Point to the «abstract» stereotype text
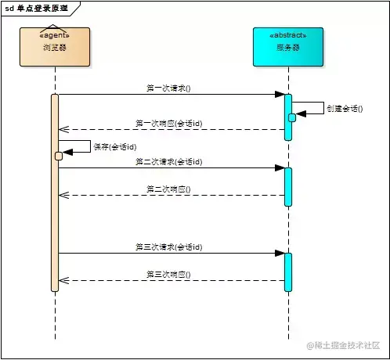pyautogui.click(x=287, y=35)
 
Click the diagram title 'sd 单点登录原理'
pyautogui.click(x=37, y=7)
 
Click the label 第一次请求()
pyautogui.click(x=168, y=88)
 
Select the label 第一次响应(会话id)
pyautogui.click(x=168, y=123)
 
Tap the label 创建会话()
pyautogui.click(x=345, y=108)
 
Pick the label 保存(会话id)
pyautogui.click(x=115, y=147)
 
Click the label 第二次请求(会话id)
pyautogui.click(x=168, y=161)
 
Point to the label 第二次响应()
pyautogui.click(x=168, y=189)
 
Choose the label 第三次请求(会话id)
pyautogui.click(x=168, y=247)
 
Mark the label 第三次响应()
pyautogui.click(x=168, y=274)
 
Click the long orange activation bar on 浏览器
pyautogui.click(x=55, y=219)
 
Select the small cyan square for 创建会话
pyautogui.click(x=292, y=117)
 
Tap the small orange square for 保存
pyautogui.click(x=59, y=156)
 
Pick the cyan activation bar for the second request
pyautogui.click(x=287, y=186)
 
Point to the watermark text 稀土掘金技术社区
pyautogui.click(x=348, y=345)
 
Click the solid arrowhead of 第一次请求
pyautogui.click(x=279, y=95)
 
